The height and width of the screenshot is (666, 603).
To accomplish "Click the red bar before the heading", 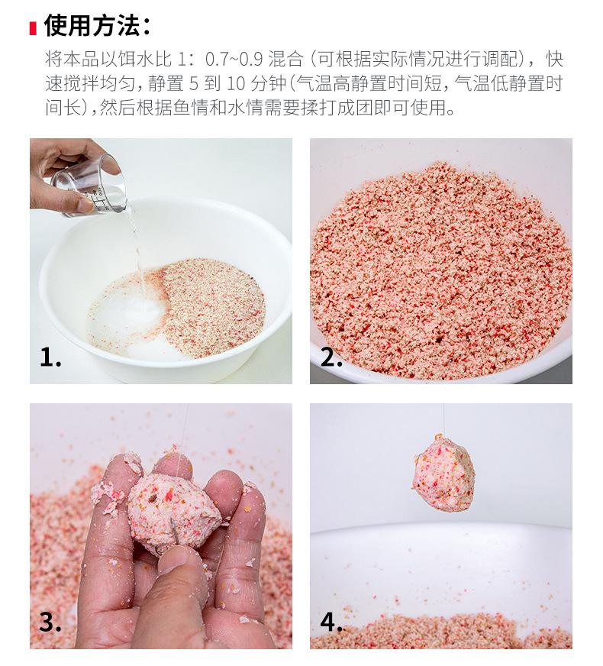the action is (x=33, y=28).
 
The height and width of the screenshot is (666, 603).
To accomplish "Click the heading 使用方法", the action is (x=92, y=26).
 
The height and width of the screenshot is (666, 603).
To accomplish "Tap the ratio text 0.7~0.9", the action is (x=234, y=60).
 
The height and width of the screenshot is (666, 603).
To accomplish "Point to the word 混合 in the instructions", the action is (x=285, y=60).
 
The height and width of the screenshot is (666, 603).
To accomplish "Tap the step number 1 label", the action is (x=50, y=357).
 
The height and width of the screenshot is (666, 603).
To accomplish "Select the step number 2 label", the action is (x=331, y=357).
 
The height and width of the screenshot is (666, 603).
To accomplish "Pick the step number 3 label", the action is (x=50, y=622).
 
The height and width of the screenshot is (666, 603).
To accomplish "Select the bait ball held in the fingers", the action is (x=175, y=512).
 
